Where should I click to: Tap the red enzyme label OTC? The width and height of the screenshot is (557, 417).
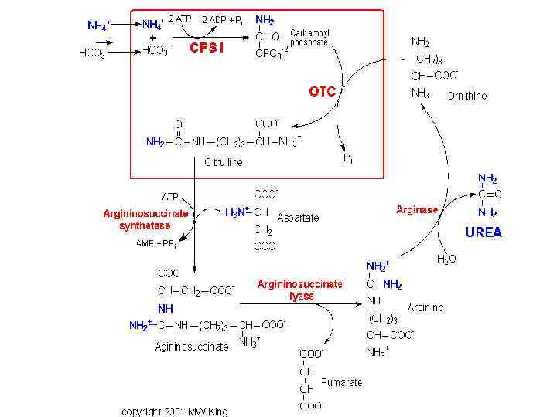click(323, 92)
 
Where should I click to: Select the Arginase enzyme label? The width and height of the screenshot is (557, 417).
click(417, 209)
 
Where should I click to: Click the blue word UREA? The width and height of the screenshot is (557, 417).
click(484, 232)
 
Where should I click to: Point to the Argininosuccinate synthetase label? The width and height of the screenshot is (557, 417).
click(145, 219)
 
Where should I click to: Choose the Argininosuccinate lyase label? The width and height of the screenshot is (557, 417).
click(300, 290)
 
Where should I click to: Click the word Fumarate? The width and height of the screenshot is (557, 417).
click(343, 382)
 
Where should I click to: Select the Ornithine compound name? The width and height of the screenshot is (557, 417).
click(466, 97)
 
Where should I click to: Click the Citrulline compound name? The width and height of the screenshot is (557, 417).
click(223, 162)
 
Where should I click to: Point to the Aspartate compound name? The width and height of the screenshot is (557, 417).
click(298, 219)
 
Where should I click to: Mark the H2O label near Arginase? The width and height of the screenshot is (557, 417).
click(446, 259)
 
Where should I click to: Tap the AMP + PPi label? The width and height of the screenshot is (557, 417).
click(155, 243)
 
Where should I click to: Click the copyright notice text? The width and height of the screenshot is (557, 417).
click(175, 411)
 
